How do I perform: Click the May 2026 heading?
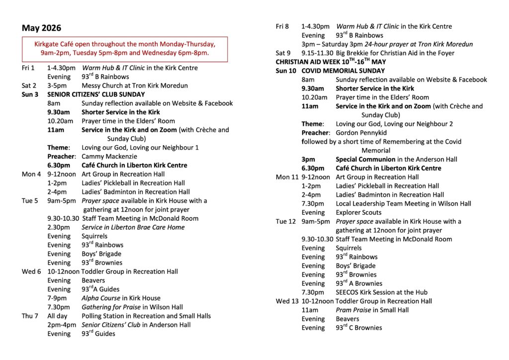41,28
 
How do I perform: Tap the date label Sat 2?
29,86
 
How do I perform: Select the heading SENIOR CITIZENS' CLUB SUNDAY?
96,94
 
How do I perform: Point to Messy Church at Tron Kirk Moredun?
135,86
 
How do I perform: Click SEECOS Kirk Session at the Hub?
382,292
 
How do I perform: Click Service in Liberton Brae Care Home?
133,227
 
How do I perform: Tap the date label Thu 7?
30,316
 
